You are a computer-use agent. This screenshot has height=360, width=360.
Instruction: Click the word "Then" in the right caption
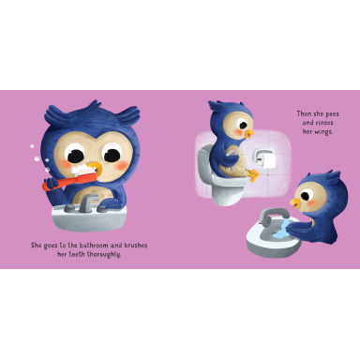point(294,112)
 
